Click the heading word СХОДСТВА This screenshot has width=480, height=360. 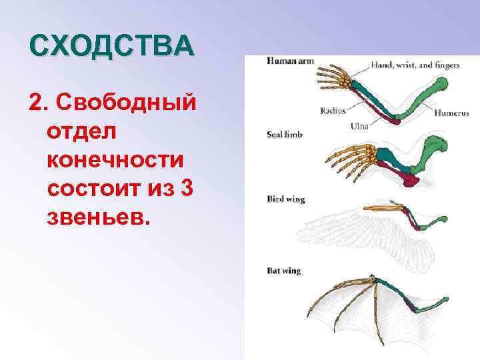pos(112,47)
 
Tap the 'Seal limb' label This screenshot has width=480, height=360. pos(285,134)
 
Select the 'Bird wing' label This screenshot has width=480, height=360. pos(285,199)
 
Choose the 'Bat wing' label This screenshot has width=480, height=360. pos(283,271)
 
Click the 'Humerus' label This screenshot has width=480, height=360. pos(451,113)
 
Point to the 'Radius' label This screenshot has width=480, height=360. pos(332,111)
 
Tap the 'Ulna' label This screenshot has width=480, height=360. pos(360,125)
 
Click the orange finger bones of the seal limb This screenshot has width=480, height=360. pos(347,160)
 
